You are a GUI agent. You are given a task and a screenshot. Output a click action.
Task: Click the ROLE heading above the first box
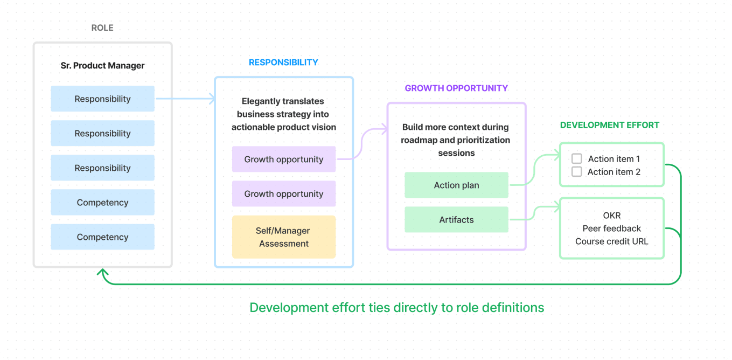[x=102, y=28]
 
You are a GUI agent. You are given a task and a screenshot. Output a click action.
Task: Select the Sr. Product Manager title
[x=102, y=66]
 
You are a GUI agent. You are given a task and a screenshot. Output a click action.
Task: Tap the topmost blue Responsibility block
[x=102, y=99]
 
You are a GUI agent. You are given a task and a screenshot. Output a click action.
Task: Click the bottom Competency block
[x=102, y=237]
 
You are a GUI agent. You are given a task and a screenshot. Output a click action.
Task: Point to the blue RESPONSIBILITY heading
[x=283, y=63]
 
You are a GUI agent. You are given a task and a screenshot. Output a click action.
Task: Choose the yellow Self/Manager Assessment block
[x=283, y=237]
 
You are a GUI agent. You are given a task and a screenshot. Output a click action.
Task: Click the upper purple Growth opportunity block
[x=283, y=160]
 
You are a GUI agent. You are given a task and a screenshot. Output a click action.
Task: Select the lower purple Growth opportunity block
[x=283, y=194]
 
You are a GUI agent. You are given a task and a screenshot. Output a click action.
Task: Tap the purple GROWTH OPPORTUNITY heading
[x=456, y=88]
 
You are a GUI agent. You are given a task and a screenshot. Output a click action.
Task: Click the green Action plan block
[x=456, y=185]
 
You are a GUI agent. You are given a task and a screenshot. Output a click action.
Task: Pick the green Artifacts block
[x=456, y=220]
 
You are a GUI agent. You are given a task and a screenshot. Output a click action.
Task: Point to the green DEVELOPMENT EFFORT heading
[x=609, y=125]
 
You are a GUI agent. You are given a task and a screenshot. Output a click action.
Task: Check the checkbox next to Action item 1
[x=577, y=159]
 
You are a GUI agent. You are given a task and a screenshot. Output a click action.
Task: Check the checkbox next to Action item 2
[x=577, y=172]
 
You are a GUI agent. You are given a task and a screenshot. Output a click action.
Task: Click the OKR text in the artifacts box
[x=612, y=216]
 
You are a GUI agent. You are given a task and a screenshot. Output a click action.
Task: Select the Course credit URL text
[x=612, y=241]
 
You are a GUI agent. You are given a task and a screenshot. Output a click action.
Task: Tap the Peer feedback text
[x=612, y=229]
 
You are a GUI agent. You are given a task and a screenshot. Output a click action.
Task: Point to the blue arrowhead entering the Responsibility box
[x=212, y=99]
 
